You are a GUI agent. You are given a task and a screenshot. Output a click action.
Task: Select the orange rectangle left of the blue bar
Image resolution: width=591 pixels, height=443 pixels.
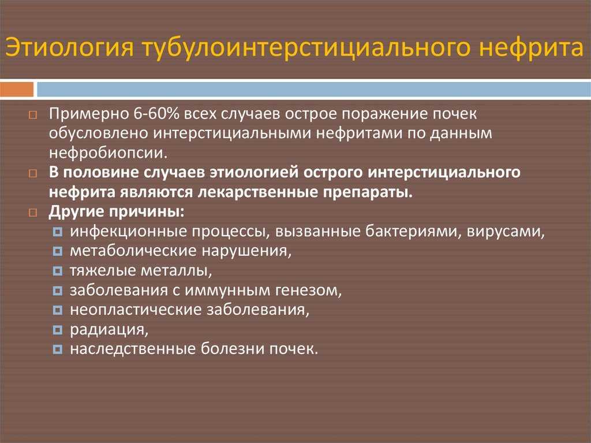coord(17,90)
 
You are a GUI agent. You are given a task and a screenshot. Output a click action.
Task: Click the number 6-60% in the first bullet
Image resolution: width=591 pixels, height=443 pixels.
coord(156,114)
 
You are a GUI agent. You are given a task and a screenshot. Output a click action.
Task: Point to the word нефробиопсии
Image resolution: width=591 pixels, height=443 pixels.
coord(108,153)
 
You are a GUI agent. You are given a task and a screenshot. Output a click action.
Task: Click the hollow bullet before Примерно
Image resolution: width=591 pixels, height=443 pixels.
coord(33,115)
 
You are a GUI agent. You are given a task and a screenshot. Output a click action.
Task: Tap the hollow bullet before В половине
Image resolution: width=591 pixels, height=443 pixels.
coord(33,173)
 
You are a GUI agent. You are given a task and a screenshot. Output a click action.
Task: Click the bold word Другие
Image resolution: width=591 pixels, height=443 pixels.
coord(77,212)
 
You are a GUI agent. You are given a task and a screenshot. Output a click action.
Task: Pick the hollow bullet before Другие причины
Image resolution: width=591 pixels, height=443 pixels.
coord(33,213)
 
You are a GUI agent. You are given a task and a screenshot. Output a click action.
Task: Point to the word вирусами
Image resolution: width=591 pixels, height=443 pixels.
coord(506,232)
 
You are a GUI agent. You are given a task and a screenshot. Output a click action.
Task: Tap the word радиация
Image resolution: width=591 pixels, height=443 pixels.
coord(109,329)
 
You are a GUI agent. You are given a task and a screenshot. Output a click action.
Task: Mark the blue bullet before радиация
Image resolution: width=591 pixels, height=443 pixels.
coord(57,330)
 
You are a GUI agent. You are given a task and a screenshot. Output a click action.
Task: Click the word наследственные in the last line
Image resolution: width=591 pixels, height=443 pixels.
coord(133,349)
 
